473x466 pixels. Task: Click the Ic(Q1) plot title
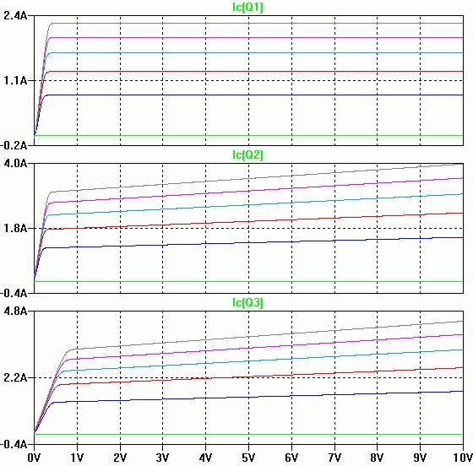click(247, 7)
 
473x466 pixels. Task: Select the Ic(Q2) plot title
click(247, 154)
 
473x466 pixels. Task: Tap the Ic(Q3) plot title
click(247, 302)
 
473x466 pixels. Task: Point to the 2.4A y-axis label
click(15, 15)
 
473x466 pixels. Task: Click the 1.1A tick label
click(15, 80)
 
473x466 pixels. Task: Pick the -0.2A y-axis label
click(14, 145)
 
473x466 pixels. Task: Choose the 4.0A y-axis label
click(15, 164)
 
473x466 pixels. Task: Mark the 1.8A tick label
click(15, 228)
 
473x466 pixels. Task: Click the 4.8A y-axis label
click(15, 311)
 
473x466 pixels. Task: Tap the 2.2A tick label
click(15, 377)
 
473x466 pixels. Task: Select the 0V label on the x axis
click(34, 458)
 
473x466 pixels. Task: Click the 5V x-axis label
click(248, 458)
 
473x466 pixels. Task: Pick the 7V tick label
click(334, 458)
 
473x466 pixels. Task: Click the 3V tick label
click(162, 458)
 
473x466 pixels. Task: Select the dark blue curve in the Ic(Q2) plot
click(248, 242)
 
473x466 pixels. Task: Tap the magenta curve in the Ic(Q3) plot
click(248, 348)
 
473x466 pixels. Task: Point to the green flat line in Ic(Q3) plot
click(248, 435)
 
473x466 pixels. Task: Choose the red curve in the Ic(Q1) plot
click(248, 72)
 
